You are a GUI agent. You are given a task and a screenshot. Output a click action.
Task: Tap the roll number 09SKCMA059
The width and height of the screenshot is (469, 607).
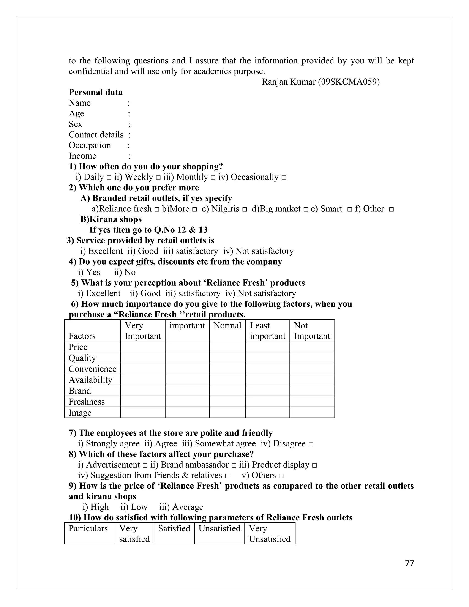[x=349, y=82]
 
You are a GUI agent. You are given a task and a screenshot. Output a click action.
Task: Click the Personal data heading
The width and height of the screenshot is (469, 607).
[x=95, y=92]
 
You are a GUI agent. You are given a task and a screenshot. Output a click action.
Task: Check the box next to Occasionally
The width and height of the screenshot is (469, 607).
[x=284, y=178]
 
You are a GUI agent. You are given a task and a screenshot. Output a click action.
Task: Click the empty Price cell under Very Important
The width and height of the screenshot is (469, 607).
[x=143, y=347]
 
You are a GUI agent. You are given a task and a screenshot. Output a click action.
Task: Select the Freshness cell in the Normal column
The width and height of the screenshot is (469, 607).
[x=227, y=401]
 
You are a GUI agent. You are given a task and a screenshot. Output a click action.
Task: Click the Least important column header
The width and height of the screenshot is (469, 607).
[x=267, y=331]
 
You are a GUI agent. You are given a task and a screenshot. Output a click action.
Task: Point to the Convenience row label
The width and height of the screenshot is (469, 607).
[x=93, y=369]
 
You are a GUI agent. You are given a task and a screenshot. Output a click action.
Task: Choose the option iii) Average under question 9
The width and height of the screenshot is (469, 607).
[x=181, y=507]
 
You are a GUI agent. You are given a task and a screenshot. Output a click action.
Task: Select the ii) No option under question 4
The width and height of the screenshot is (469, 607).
[x=125, y=272]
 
